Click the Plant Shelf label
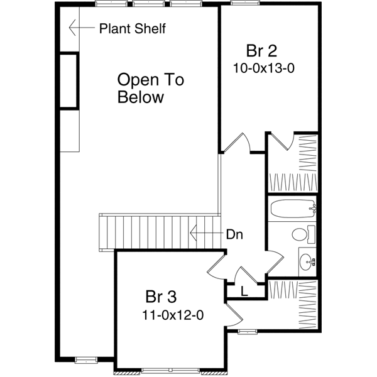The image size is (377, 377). point(133,28)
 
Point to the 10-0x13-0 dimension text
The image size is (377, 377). point(263,68)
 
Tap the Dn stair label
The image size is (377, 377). point(234,235)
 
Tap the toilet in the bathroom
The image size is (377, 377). point(301,235)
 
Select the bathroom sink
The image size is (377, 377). point(307,260)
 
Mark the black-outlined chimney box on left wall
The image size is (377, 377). point(69,82)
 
